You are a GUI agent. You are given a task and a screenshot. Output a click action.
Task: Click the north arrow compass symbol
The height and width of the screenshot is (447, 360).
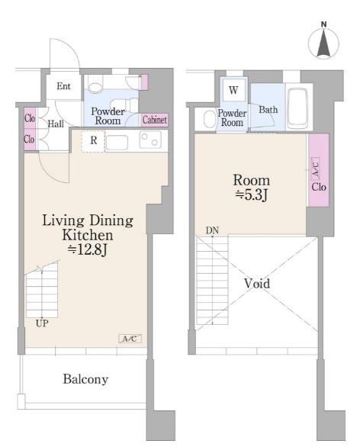pyautogui.click(x=323, y=42)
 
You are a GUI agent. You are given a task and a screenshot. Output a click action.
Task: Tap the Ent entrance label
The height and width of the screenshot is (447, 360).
pyautogui.click(x=63, y=85)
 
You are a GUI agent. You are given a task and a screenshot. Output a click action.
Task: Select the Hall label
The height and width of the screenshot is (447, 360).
pyautogui.click(x=56, y=124)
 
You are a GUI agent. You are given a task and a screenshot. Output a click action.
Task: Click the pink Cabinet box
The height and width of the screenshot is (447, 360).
pyautogui.click(x=155, y=120)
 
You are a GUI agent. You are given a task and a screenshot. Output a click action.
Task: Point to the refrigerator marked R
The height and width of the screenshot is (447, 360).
pyautogui.click(x=93, y=141)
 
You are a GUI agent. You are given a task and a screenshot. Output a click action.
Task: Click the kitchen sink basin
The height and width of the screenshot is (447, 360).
pyautogui.click(x=117, y=142)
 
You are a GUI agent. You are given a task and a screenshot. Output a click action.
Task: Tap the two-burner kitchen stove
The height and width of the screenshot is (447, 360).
pyautogui.click(x=150, y=140)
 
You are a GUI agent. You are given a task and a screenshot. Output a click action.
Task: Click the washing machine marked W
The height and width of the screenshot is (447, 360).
pyautogui.click(x=233, y=90)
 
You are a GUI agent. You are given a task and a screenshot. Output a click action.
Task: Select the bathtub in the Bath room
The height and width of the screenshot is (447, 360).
pyautogui.click(x=297, y=108)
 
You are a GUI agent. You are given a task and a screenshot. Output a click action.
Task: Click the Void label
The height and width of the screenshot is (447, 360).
pyautogui.click(x=257, y=283)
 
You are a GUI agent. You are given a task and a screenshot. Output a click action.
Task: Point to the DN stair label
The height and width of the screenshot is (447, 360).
pyautogui.click(x=212, y=230)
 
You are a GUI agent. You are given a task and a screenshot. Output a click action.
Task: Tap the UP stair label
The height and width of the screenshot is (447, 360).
pyautogui.click(x=42, y=323)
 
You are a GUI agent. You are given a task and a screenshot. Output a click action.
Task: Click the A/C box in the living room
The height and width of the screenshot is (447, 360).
pyautogui.click(x=130, y=339)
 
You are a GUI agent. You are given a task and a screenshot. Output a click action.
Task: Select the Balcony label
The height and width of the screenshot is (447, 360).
pyautogui.click(x=85, y=379)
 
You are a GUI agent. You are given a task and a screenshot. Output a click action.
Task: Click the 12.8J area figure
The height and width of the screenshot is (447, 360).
pyautogui.click(x=87, y=250)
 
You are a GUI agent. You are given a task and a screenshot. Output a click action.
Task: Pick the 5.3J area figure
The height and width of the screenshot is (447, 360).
pyautogui.click(x=251, y=195)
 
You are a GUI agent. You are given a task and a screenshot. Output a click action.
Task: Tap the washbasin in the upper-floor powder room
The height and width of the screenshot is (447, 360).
pyautogui.click(x=210, y=119)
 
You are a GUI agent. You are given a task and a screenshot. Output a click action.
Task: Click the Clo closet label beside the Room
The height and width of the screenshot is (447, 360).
pyautogui.click(x=319, y=187)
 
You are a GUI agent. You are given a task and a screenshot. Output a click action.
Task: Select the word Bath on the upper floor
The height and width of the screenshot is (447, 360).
pyautogui.click(x=268, y=110)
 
